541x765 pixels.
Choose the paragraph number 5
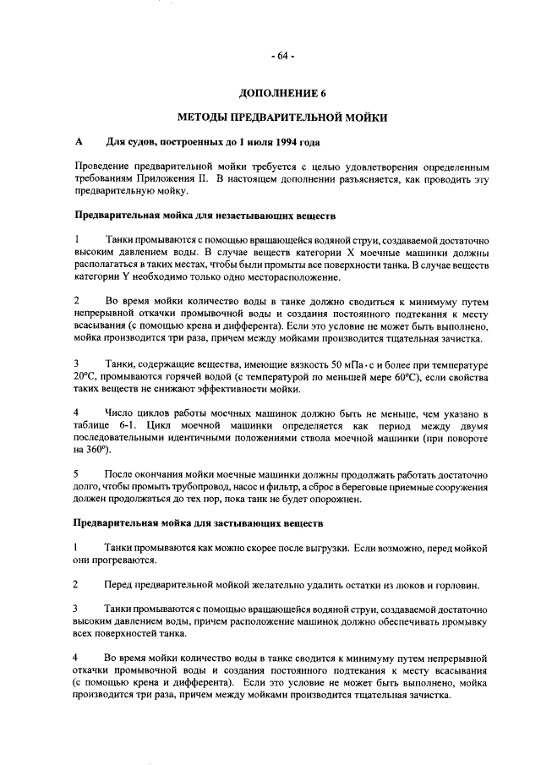click(77, 473)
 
